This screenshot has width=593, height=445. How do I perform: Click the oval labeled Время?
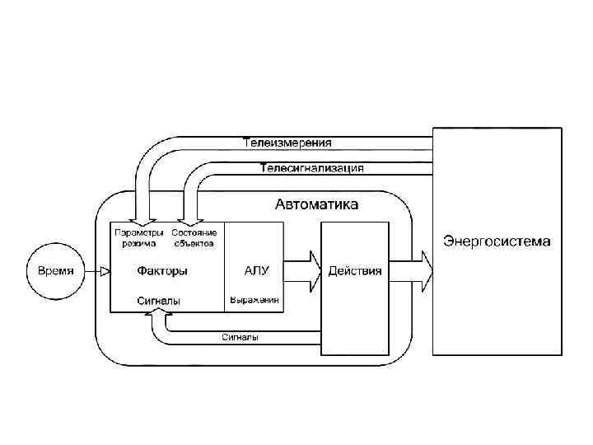click(56, 271)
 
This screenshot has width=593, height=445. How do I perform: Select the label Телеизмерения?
click(287, 143)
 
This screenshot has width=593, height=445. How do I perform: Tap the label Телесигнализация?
click(311, 168)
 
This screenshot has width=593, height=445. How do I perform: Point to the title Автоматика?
click(316, 204)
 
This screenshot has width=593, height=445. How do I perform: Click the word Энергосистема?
click(497, 241)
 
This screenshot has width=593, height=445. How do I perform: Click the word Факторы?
click(162, 271)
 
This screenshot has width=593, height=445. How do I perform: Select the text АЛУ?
click(257, 269)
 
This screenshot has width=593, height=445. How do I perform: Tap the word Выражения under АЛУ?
click(254, 301)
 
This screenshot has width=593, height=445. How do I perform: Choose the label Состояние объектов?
click(194, 237)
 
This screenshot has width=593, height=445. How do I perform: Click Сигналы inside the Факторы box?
click(158, 302)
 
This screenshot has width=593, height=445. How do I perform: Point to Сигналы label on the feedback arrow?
click(240, 337)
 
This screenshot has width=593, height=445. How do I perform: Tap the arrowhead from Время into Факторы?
click(105, 271)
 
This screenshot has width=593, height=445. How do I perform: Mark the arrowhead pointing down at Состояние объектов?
click(191, 220)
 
